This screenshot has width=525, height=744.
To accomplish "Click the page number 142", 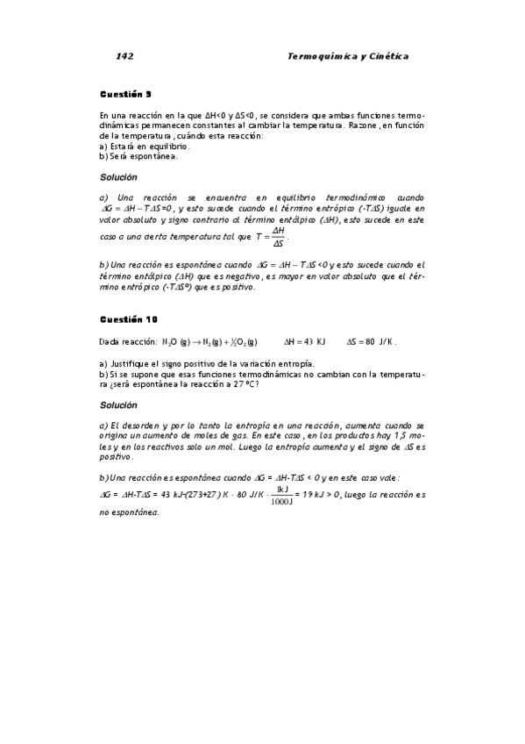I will point(124,56).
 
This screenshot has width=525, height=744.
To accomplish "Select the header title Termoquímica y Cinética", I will point(348,56).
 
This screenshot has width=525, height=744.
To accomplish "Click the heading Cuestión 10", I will point(128,318).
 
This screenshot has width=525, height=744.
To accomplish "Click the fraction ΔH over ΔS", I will point(279,236).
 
